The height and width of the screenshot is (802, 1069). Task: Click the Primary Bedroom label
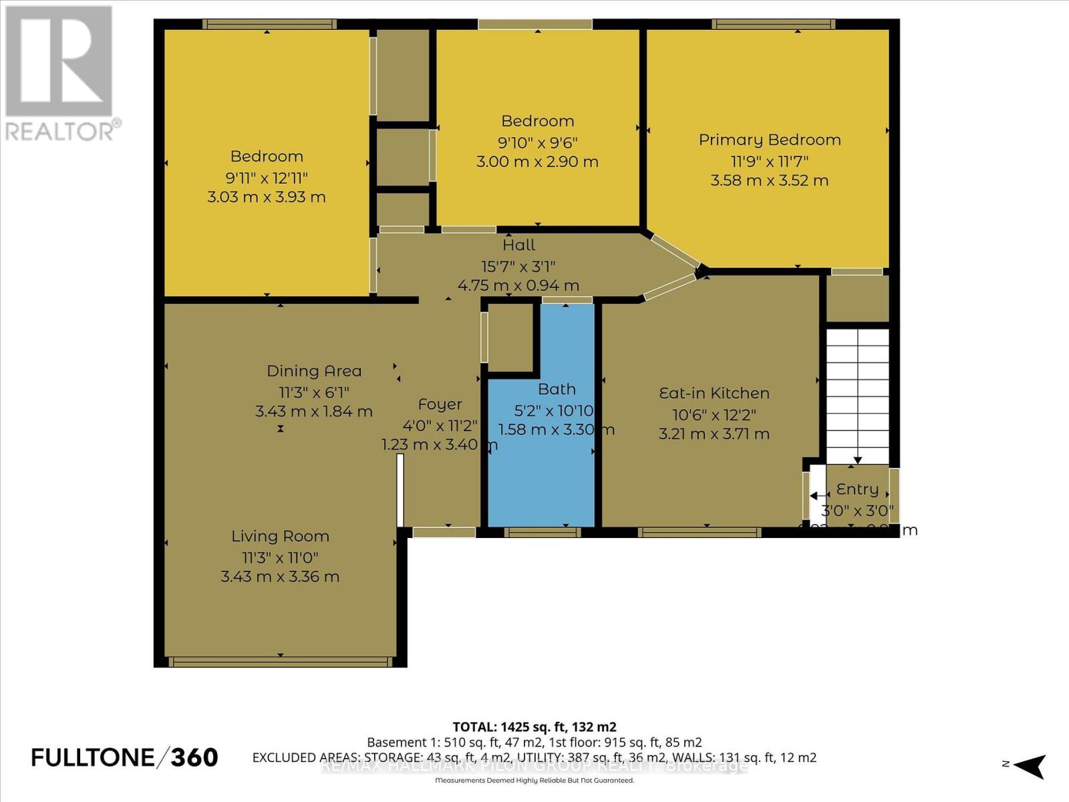coord(770,140)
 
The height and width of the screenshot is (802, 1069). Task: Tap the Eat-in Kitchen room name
coord(714,393)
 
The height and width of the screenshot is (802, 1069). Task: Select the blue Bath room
coord(541,468)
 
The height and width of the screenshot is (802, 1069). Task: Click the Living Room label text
coord(280,536)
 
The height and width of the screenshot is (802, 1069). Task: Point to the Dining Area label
coord(314,371)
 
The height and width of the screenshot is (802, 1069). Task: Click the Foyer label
coord(440,404)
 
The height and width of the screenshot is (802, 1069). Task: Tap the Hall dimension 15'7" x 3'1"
coord(518,266)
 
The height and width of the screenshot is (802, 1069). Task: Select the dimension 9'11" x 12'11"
coord(267,178)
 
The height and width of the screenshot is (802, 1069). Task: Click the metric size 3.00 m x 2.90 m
coord(537,162)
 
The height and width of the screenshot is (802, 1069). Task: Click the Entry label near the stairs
coord(857,489)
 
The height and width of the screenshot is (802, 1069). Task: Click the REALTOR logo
coord(60,74)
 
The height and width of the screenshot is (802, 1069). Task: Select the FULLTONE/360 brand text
coord(125,757)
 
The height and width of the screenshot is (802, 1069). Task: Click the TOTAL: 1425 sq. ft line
coord(534,726)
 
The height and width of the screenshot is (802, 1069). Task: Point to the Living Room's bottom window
coord(280,662)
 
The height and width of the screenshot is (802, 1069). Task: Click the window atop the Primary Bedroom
coord(773,24)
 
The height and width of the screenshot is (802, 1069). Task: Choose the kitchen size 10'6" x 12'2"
coord(714,414)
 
